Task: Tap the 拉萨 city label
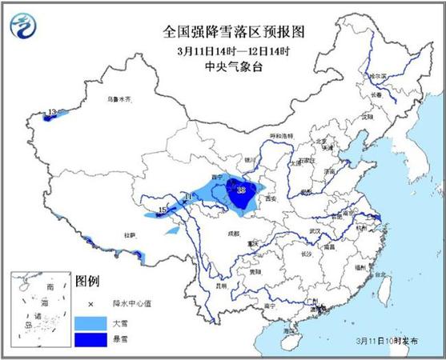(129, 234)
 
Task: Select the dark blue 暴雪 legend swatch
(90, 340)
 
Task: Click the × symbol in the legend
(90, 304)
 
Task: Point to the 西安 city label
(269, 198)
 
